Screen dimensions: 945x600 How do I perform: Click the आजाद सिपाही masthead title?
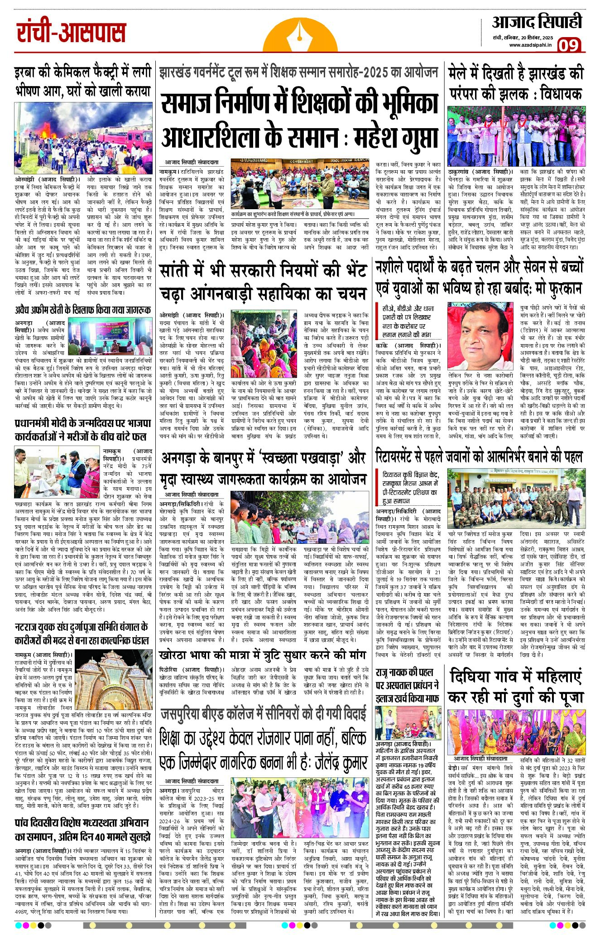(x=537, y=21)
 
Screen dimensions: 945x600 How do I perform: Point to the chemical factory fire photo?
(x=82, y=139)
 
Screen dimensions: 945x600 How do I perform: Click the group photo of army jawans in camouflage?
(x=515, y=498)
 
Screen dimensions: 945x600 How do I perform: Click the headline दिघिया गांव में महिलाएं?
(x=515, y=677)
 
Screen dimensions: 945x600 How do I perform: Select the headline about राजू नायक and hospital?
(x=408, y=685)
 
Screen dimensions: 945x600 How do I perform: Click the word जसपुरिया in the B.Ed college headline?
(x=185, y=714)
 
